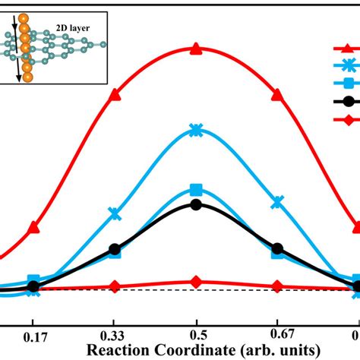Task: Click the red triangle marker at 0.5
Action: pyautogui.click(x=196, y=49)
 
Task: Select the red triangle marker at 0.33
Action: pyautogui.click(x=115, y=95)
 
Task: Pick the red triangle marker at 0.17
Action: pyautogui.click(x=33, y=227)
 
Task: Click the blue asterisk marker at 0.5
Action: pyautogui.click(x=196, y=130)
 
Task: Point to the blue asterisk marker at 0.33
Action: pyautogui.click(x=115, y=213)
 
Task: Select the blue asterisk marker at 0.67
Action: pyautogui.click(x=277, y=202)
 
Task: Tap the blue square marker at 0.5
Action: pyautogui.click(x=196, y=189)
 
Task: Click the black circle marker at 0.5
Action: pyautogui.click(x=196, y=204)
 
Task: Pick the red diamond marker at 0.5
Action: pyautogui.click(x=196, y=282)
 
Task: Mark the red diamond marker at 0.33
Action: pyautogui.click(x=115, y=286)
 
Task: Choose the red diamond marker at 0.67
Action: pyautogui.click(x=277, y=286)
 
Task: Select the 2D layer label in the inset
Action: pyautogui.click(x=75, y=28)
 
